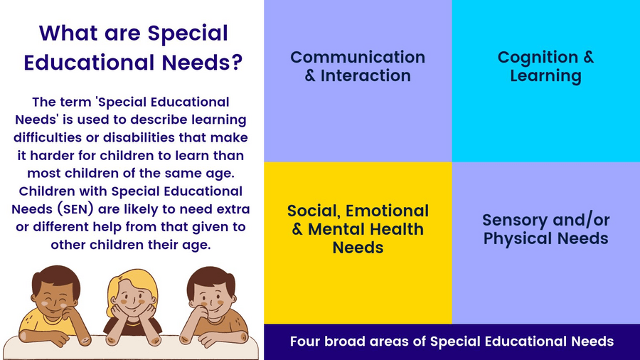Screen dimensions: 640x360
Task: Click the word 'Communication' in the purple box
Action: point(358,57)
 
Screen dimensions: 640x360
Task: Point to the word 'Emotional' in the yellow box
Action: point(387,211)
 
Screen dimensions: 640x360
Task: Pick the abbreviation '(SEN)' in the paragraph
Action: point(75,209)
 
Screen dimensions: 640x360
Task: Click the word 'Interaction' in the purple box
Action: point(366,75)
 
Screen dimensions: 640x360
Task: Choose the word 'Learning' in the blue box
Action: point(545,76)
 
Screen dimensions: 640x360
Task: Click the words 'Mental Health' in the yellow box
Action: point(366,229)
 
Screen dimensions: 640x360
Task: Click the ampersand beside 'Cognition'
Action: point(588,57)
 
